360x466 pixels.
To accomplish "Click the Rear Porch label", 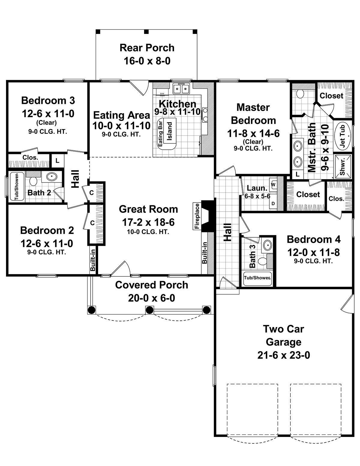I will pos(147,48).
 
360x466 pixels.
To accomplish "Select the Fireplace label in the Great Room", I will pos(197,216).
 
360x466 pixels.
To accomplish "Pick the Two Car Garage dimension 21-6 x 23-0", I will pos(283,355).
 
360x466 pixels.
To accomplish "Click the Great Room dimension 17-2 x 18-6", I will pos(148,222).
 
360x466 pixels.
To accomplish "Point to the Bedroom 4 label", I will pos(313,239).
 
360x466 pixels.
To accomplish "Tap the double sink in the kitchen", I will pos(181,89).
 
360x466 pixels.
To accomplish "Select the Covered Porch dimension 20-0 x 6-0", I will pos(151,298).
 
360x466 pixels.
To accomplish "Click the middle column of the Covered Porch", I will pos(149,310).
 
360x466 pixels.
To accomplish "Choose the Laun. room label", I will pos(257,188).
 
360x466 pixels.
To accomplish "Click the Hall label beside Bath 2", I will pos(75,179).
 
